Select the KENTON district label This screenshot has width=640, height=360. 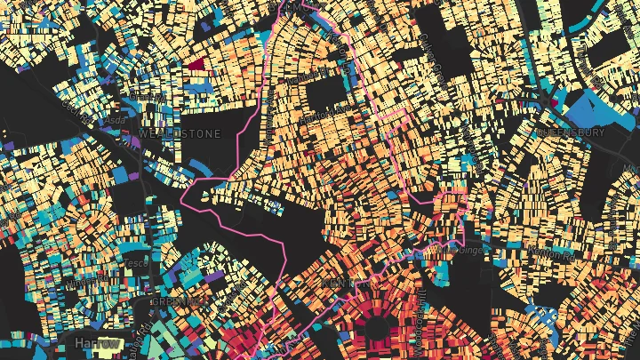coord(340,284)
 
